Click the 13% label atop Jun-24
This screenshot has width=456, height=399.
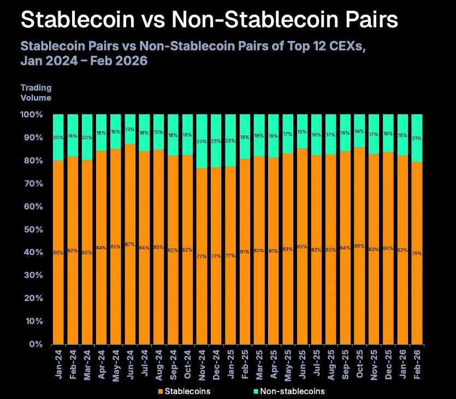pyautogui.click(x=131, y=129)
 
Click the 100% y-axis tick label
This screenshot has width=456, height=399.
pyautogui.click(x=31, y=115)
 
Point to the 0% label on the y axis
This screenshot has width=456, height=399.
pyautogui.click(x=34, y=344)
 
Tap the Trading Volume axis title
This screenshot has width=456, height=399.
pyautogui.click(x=35, y=93)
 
